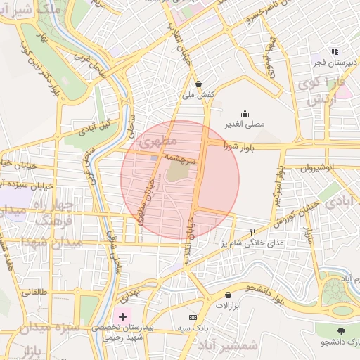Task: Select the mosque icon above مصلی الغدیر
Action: (245, 113)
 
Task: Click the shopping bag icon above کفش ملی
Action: (199, 82)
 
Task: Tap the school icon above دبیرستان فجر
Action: (335, 51)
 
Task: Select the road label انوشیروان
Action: (322, 169)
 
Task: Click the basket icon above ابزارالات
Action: (229, 295)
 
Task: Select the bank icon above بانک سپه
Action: (192, 318)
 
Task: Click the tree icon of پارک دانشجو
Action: (341, 330)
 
